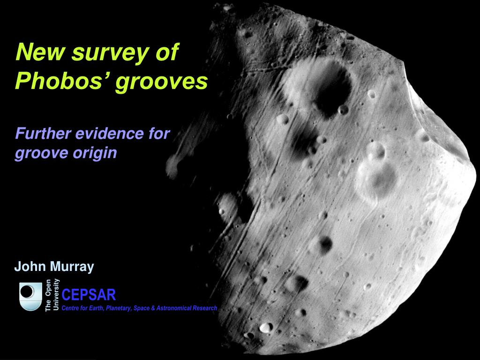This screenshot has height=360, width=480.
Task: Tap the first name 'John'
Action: coord(30,267)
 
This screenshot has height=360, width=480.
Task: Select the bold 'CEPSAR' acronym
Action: coord(89,295)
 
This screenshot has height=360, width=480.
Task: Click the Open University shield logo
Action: coord(30,296)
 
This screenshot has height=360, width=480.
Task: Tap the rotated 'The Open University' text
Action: coord(52,295)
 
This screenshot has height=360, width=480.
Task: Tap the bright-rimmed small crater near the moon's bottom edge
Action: coord(266,327)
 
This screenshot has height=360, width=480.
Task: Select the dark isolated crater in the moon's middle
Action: coord(325,244)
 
